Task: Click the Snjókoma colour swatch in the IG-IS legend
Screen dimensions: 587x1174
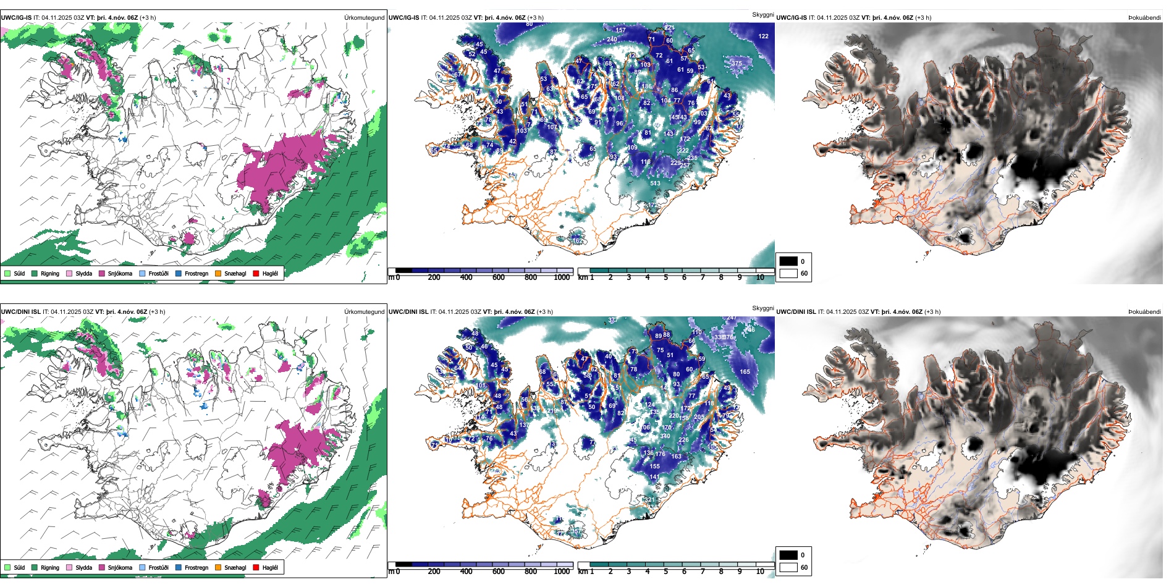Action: tap(102, 273)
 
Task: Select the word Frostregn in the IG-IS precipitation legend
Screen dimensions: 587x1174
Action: tap(196, 273)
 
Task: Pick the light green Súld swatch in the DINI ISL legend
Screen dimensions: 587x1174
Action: tap(7, 567)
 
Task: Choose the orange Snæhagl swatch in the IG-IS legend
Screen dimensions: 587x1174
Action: tap(218, 273)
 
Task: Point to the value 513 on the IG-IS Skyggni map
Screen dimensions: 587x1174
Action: tap(655, 184)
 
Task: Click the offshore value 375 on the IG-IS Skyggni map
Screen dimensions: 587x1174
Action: tap(737, 64)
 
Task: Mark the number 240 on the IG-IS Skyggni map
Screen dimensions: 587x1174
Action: tap(612, 40)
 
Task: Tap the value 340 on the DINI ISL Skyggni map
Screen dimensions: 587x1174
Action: tap(665, 436)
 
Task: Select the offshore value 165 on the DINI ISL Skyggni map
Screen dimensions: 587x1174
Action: tap(745, 372)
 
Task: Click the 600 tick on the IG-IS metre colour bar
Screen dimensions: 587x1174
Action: tap(499, 277)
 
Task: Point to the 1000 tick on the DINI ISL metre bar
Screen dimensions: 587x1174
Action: tap(562, 572)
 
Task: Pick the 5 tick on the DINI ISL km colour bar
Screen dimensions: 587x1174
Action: tap(666, 572)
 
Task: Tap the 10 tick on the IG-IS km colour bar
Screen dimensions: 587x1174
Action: tap(760, 277)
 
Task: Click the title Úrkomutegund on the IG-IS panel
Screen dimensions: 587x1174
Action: tap(364, 18)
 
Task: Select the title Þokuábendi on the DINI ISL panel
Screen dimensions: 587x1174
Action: tap(1144, 312)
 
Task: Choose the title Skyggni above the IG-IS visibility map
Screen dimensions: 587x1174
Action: tap(762, 15)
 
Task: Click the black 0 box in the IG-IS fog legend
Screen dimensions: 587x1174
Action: tap(788, 261)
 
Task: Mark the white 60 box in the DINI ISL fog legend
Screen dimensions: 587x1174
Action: tap(788, 567)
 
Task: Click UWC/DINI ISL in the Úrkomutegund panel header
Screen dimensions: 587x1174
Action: tap(20, 312)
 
